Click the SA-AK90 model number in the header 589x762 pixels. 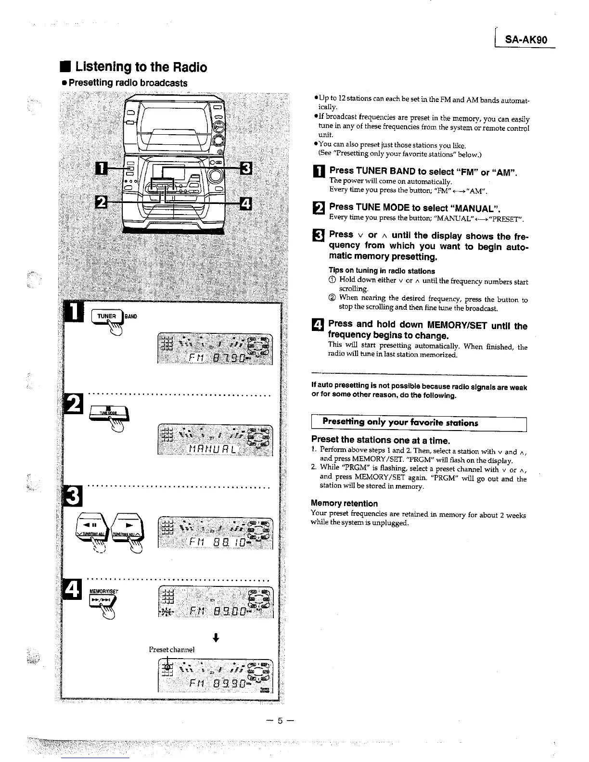click(526, 40)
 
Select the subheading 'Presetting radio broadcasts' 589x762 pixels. click(128, 83)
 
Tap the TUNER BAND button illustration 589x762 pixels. click(107, 317)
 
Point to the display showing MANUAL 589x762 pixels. click(215, 440)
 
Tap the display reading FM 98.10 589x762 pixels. click(215, 533)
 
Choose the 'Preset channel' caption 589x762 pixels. click(171, 649)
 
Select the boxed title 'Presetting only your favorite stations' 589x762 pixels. click(400, 423)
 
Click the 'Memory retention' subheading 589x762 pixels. click(344, 503)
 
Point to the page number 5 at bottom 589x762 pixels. click(279, 721)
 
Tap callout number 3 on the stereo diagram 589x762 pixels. click(246, 168)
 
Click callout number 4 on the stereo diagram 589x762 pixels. click(245, 203)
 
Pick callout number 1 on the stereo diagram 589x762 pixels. click(102, 168)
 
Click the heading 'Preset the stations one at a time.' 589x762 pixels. click(380, 440)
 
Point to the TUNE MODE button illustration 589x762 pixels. click(108, 413)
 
